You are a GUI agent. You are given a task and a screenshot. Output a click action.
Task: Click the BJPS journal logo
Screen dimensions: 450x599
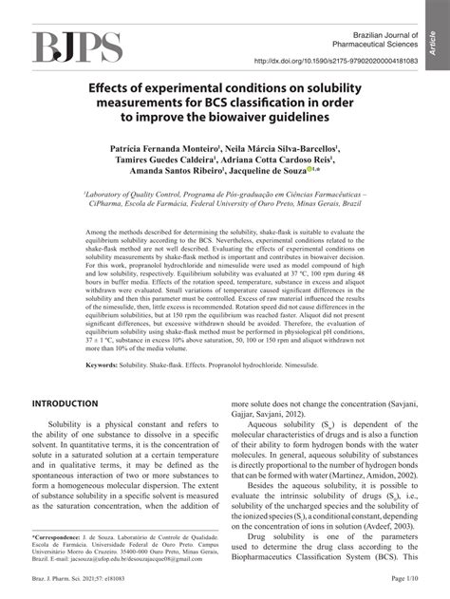pos(78,48)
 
